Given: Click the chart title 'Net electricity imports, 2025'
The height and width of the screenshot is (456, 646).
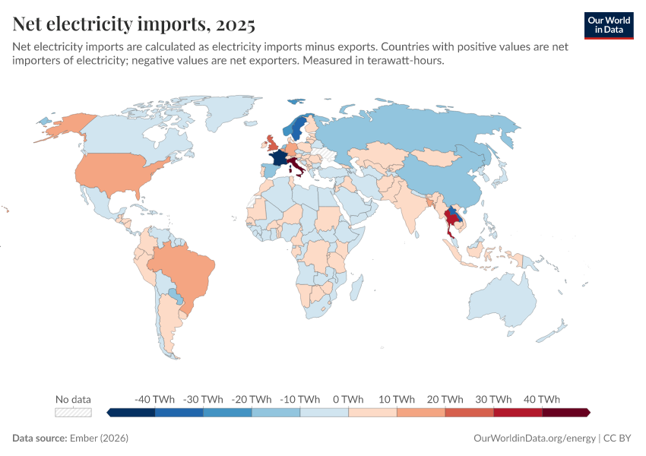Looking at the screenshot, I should tap(134, 24).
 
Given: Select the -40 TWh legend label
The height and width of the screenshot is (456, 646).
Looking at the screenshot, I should tap(154, 399).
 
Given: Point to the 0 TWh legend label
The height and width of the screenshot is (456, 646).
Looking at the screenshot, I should tap(348, 399).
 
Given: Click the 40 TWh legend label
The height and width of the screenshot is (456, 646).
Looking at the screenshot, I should tap(542, 399).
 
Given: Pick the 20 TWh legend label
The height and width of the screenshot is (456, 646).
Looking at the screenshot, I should tap(445, 399).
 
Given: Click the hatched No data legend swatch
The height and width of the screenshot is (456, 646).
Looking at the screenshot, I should tap(73, 412).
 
